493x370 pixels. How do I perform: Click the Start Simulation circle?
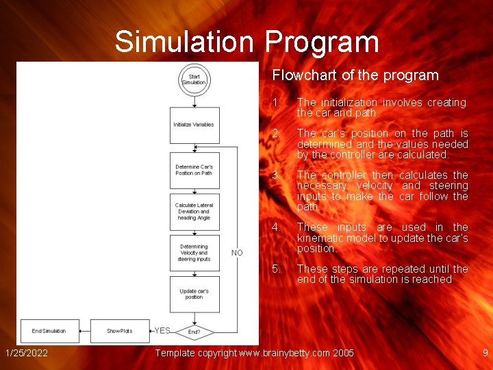(194, 79)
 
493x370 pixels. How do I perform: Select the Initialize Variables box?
(194, 125)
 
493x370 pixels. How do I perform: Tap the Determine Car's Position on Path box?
(194, 170)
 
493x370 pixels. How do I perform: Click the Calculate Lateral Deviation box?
(194, 212)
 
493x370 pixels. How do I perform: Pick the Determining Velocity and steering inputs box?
(194, 253)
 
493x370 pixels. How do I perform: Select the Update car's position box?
(194, 294)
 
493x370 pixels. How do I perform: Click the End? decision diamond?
(194, 332)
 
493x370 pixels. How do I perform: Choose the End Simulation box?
(49, 331)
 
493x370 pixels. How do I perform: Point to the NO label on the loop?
(237, 253)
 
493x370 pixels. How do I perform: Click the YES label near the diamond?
(162, 331)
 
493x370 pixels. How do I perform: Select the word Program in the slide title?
(322, 42)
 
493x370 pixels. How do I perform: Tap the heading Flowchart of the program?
(355, 75)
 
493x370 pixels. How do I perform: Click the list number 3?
(275, 175)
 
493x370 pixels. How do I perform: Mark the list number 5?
(275, 269)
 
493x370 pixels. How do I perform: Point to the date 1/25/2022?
(26, 353)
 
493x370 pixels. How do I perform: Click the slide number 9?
(485, 353)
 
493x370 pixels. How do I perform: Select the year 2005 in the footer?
(343, 353)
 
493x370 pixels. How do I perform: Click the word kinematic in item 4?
(319, 238)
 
